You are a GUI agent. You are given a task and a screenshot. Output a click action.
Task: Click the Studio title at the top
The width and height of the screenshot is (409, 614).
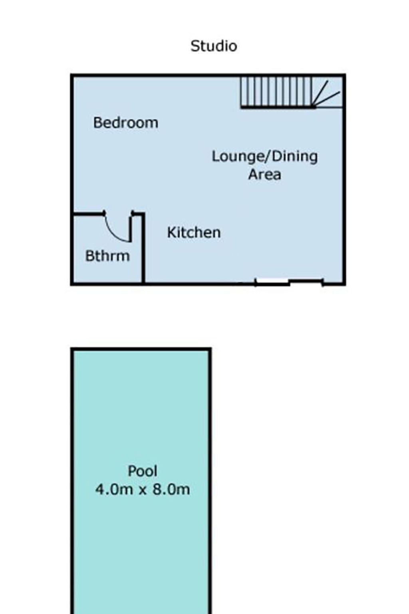click(x=214, y=46)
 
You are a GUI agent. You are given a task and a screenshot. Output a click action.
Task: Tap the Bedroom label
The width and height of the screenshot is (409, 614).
click(x=126, y=123)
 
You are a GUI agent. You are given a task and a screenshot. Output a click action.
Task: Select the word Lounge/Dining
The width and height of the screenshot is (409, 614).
click(x=265, y=157)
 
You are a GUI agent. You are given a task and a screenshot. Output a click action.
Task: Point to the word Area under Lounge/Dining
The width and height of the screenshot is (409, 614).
click(x=265, y=174)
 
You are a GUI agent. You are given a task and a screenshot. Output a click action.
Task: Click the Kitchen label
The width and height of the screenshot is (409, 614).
click(x=194, y=232)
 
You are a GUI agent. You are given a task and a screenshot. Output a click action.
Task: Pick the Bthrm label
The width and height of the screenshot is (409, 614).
click(x=108, y=256)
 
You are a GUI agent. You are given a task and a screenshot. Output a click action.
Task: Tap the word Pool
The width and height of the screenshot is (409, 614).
click(x=143, y=471)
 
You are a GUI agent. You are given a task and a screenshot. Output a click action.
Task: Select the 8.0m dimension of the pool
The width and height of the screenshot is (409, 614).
click(x=171, y=490)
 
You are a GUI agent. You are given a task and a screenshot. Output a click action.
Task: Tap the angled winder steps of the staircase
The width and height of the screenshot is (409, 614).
click(x=327, y=93)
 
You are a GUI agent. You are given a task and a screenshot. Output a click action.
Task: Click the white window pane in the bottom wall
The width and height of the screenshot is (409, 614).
click(x=272, y=281)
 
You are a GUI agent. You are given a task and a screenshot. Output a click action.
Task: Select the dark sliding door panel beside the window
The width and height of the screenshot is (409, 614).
click(x=306, y=281)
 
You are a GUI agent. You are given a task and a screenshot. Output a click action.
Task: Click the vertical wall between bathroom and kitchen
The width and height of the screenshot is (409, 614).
click(x=143, y=248)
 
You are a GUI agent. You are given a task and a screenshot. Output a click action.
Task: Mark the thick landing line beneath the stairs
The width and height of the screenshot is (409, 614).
click(x=278, y=107)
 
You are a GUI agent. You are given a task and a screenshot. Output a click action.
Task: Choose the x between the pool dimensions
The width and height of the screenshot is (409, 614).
click(x=143, y=490)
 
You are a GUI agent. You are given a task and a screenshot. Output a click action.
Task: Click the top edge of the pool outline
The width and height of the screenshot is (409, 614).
click(x=141, y=349)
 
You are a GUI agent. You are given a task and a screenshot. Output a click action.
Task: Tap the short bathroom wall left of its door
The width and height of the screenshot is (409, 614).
click(x=89, y=213)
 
